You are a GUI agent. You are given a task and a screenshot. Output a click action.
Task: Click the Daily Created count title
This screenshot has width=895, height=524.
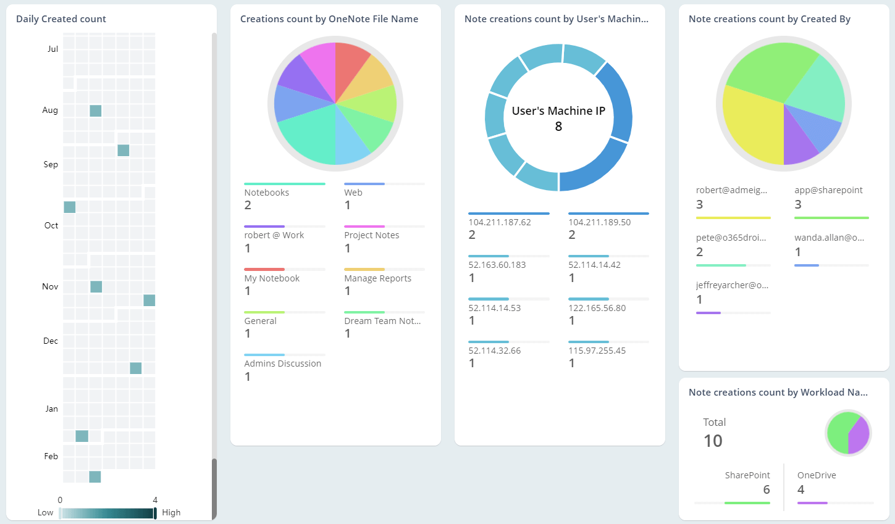coord(61,19)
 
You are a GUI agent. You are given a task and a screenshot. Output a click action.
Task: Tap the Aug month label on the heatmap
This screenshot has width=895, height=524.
coord(50,110)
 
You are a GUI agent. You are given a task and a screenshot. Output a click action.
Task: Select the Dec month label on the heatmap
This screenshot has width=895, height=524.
coord(51,341)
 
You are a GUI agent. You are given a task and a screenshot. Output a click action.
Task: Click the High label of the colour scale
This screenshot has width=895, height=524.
coord(171,513)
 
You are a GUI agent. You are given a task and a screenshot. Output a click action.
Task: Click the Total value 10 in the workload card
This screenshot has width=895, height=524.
coord(713,441)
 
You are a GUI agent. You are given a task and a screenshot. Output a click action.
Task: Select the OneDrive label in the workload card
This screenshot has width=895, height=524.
coord(817,475)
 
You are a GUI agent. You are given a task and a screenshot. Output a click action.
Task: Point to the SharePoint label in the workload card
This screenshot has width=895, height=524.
coord(747,475)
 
